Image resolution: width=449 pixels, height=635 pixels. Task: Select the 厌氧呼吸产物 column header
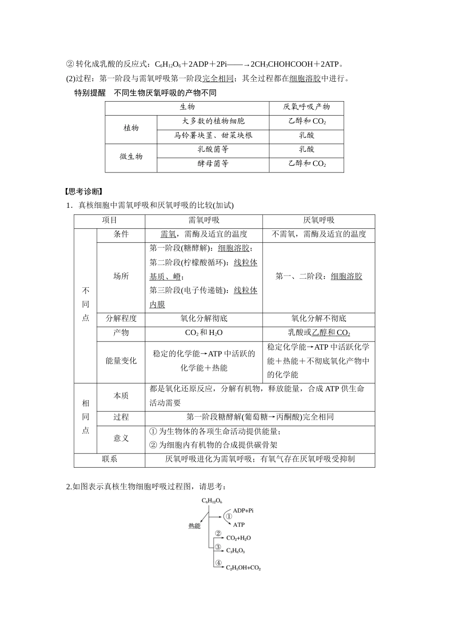[x=306, y=107]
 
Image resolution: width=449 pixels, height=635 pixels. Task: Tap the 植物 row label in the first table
[x=131, y=128]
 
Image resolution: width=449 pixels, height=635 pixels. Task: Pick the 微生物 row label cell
[x=131, y=156]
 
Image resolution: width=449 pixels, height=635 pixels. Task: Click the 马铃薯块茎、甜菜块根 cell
[x=213, y=136]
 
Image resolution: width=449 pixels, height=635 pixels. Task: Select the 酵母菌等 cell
[x=213, y=164]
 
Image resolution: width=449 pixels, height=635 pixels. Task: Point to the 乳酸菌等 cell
[x=213, y=150]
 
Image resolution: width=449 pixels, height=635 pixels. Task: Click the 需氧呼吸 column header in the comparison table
[x=204, y=220]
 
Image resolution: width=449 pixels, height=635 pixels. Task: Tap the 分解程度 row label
[x=121, y=319]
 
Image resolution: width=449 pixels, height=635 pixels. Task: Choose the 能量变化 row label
[x=121, y=361]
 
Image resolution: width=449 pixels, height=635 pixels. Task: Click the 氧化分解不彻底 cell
[x=319, y=319]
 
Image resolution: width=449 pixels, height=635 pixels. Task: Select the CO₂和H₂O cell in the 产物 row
[x=204, y=333]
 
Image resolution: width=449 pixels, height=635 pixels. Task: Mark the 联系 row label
[x=110, y=459]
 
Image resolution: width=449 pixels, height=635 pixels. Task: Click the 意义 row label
[x=121, y=438]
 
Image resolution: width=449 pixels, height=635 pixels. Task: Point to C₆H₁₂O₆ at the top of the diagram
[x=212, y=500]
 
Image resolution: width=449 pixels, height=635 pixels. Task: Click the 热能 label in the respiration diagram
[x=194, y=526]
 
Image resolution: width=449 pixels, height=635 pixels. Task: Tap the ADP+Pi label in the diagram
[x=243, y=510]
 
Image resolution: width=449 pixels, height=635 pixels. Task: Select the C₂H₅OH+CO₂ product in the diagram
[x=243, y=567]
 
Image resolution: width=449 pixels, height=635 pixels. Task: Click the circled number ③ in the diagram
[x=218, y=547]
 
